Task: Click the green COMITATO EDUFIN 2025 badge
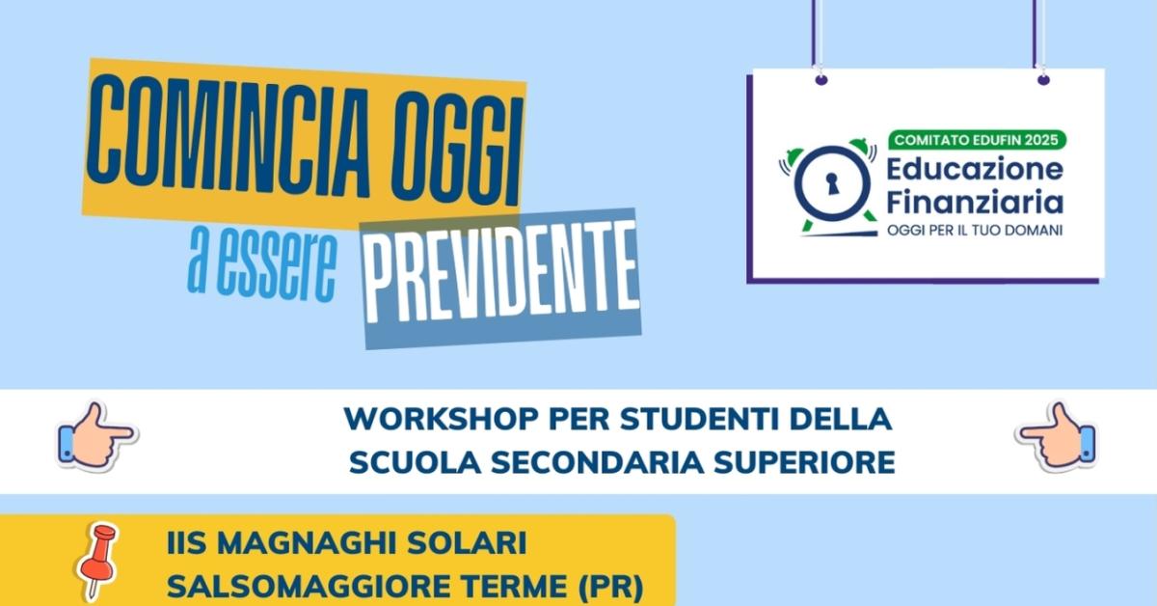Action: point(978,140)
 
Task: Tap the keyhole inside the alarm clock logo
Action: point(828,182)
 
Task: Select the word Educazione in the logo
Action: point(974,170)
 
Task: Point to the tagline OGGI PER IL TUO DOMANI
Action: point(974,231)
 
